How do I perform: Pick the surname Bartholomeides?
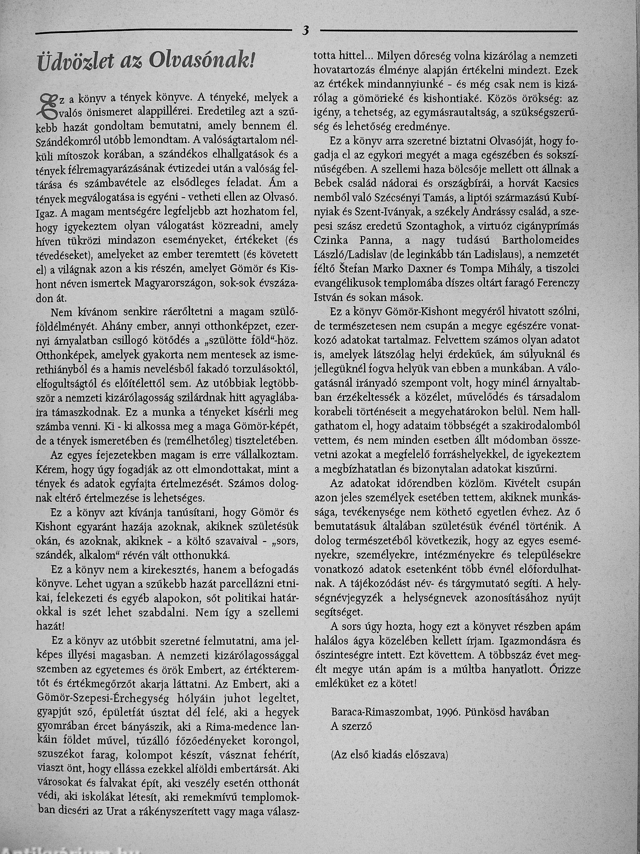[540, 241]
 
